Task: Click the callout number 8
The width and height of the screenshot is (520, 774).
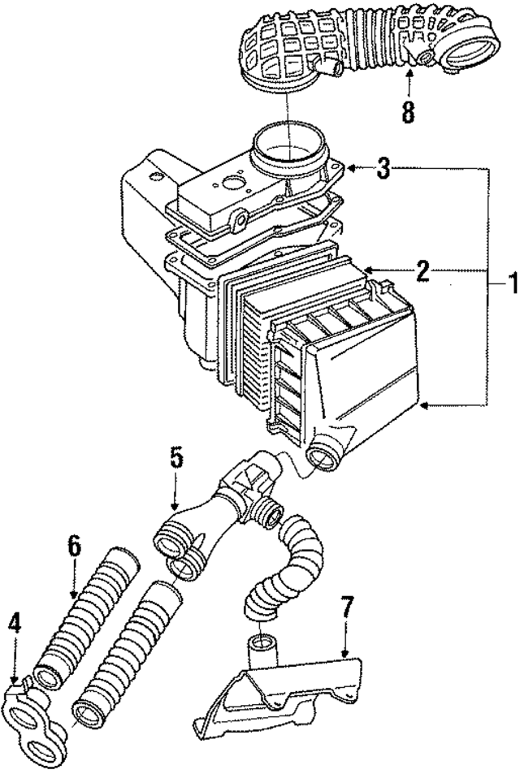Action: coord(408,111)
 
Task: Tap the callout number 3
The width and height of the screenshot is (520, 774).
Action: coord(383,169)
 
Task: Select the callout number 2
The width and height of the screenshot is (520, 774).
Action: coord(422,270)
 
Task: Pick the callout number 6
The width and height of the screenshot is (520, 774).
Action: coord(74,547)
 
